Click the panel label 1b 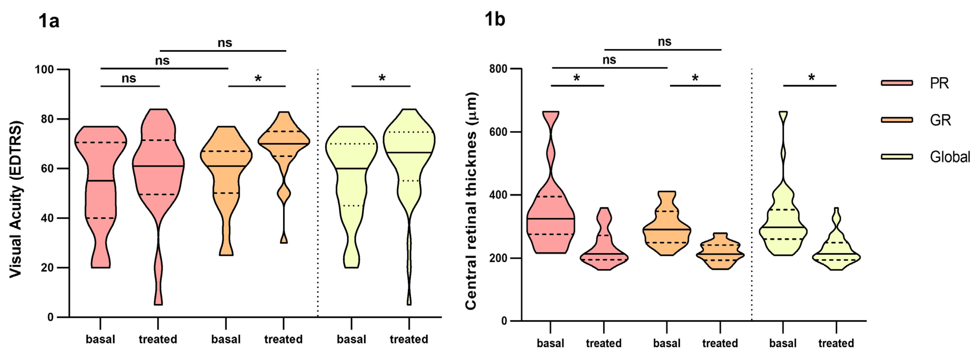[495, 19]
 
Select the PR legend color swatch [897, 83]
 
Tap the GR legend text [940, 120]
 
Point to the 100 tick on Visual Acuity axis [45, 69]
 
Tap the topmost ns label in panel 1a [225, 43]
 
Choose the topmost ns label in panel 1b [664, 42]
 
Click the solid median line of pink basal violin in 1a [100, 181]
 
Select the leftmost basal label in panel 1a [100, 339]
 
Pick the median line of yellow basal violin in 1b [783, 227]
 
